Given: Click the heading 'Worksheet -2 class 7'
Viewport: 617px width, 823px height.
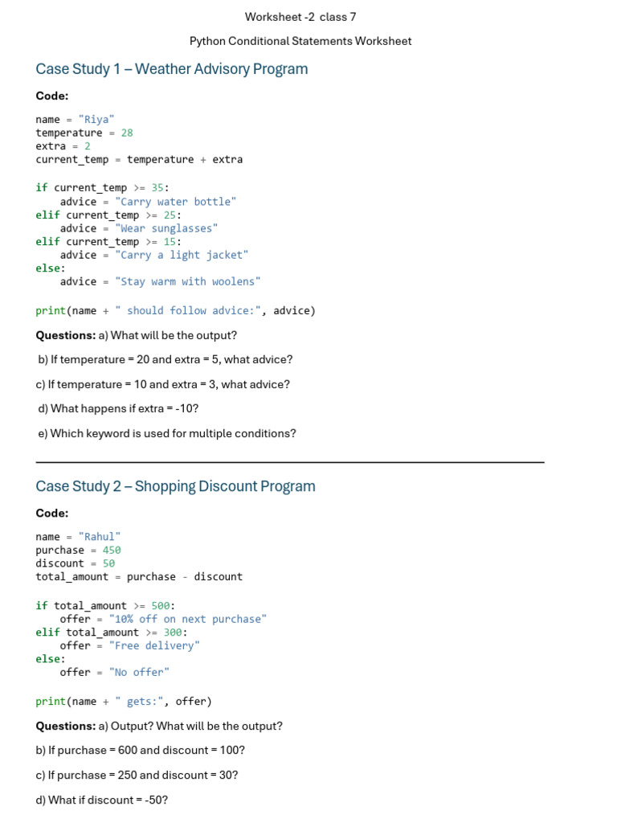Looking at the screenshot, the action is click(x=300, y=17).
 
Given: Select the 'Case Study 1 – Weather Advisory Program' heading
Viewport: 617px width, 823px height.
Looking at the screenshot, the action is click(x=172, y=69).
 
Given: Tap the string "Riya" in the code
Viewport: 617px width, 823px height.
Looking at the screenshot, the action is click(x=96, y=119).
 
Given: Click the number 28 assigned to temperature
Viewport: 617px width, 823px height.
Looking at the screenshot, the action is click(x=127, y=133).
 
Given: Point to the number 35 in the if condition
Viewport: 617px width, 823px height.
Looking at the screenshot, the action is click(x=157, y=187).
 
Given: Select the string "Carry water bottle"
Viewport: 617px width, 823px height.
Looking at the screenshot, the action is click(x=176, y=202).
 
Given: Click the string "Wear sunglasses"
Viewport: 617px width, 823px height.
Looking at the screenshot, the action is click(x=166, y=228).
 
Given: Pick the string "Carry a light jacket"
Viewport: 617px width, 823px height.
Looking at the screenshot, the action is click(x=182, y=255).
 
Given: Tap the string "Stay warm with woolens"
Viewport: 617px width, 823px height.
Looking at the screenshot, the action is click(x=188, y=281).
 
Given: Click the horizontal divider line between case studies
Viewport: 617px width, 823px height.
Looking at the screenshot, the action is click(x=290, y=462).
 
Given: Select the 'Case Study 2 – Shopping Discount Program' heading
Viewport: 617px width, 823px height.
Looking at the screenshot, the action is click(x=175, y=486).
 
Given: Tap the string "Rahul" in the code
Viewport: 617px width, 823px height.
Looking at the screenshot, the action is click(x=99, y=536).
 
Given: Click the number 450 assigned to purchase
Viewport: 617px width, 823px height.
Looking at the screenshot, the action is click(x=111, y=550).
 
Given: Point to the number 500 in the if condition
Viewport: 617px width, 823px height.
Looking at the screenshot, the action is click(x=161, y=606).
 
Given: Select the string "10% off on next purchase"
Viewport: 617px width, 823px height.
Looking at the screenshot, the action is click(x=188, y=619).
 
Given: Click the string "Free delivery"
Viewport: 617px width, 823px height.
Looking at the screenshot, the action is click(x=154, y=645).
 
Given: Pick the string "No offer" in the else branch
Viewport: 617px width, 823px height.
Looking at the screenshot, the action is click(x=139, y=673).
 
